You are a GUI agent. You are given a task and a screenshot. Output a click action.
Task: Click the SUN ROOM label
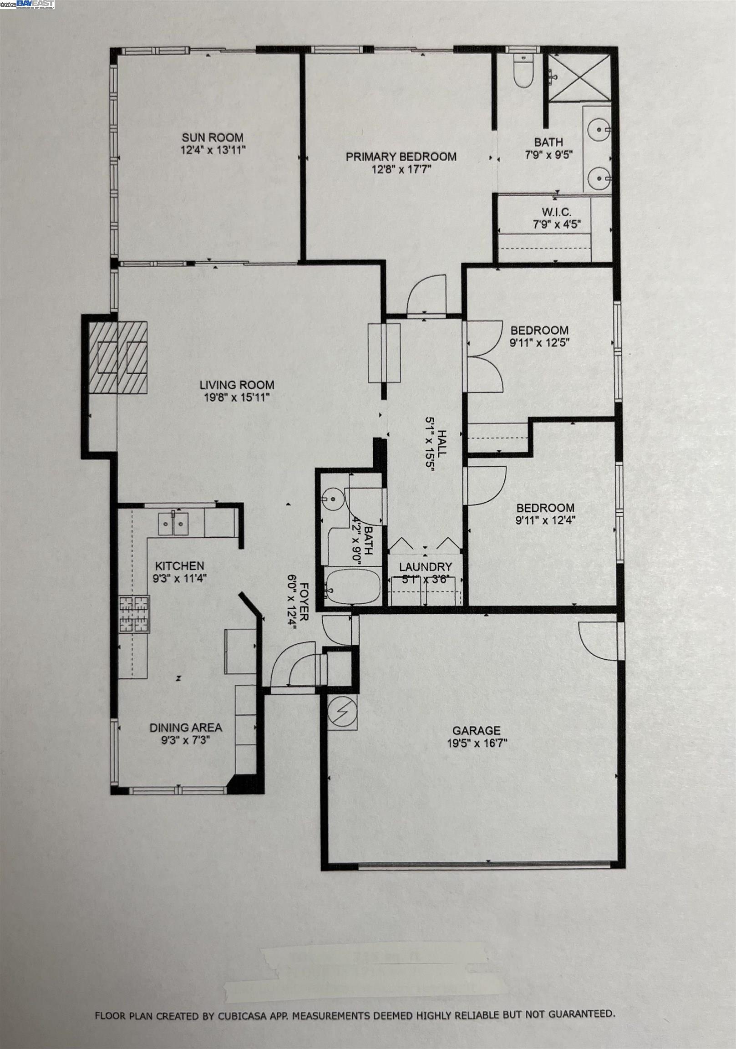tap(213, 137)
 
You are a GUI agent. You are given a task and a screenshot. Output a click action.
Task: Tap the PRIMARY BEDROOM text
tap(401, 157)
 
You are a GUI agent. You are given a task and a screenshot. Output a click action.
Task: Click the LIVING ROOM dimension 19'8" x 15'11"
tap(237, 397)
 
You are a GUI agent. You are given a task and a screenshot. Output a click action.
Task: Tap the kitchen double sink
tap(173, 523)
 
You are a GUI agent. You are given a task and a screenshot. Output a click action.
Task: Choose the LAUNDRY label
tap(425, 567)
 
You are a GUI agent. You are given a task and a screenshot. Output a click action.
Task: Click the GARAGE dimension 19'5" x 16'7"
tap(477, 743)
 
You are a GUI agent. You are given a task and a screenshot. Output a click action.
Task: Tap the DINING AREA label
tap(186, 728)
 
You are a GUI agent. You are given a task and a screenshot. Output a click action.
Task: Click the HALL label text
tap(442, 443)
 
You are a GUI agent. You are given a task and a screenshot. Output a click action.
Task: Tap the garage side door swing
tap(597, 641)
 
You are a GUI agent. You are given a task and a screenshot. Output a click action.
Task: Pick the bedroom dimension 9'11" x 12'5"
tap(539, 342)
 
